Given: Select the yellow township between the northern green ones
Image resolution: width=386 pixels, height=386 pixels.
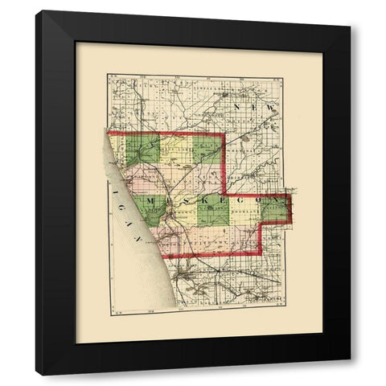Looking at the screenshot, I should [x=175, y=149].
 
